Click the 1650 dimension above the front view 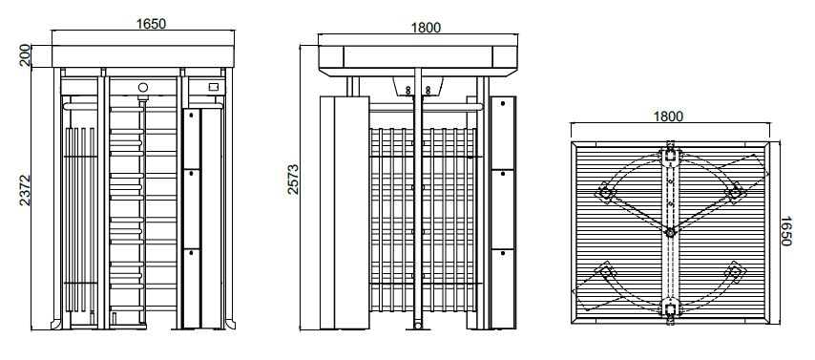(x=151, y=24)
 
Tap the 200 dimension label (x=25, y=56)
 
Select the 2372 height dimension (x=25, y=190)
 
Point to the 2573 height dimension (x=293, y=180)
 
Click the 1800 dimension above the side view (x=426, y=28)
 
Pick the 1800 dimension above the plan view (x=668, y=116)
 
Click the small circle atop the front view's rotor (x=143, y=88)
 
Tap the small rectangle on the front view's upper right (x=214, y=87)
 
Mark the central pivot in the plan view (x=671, y=232)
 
